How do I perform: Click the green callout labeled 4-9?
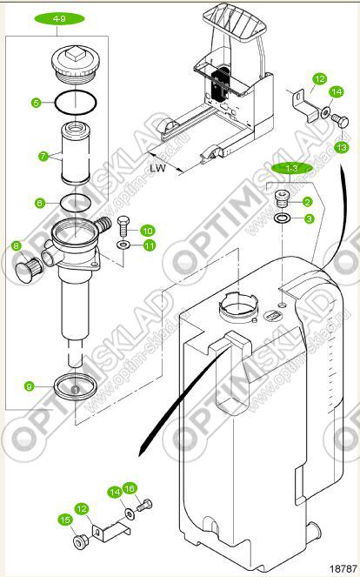point(59,18)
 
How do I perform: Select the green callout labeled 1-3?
point(292,169)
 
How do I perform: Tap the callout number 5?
point(36,103)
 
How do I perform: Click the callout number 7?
point(43,156)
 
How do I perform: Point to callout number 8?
point(17,245)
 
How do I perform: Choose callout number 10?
point(148,231)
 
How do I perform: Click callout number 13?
point(342,148)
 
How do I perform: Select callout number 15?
point(64,520)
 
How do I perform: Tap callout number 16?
point(130,489)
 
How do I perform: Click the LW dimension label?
point(157,168)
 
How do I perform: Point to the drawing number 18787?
point(343,568)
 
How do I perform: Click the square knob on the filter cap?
point(75,55)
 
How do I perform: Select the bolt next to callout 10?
point(123,226)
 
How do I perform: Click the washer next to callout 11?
point(123,245)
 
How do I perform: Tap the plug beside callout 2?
point(282,199)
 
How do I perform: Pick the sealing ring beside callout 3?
point(282,218)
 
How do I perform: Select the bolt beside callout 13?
point(340,121)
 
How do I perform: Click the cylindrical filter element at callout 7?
point(75,152)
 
